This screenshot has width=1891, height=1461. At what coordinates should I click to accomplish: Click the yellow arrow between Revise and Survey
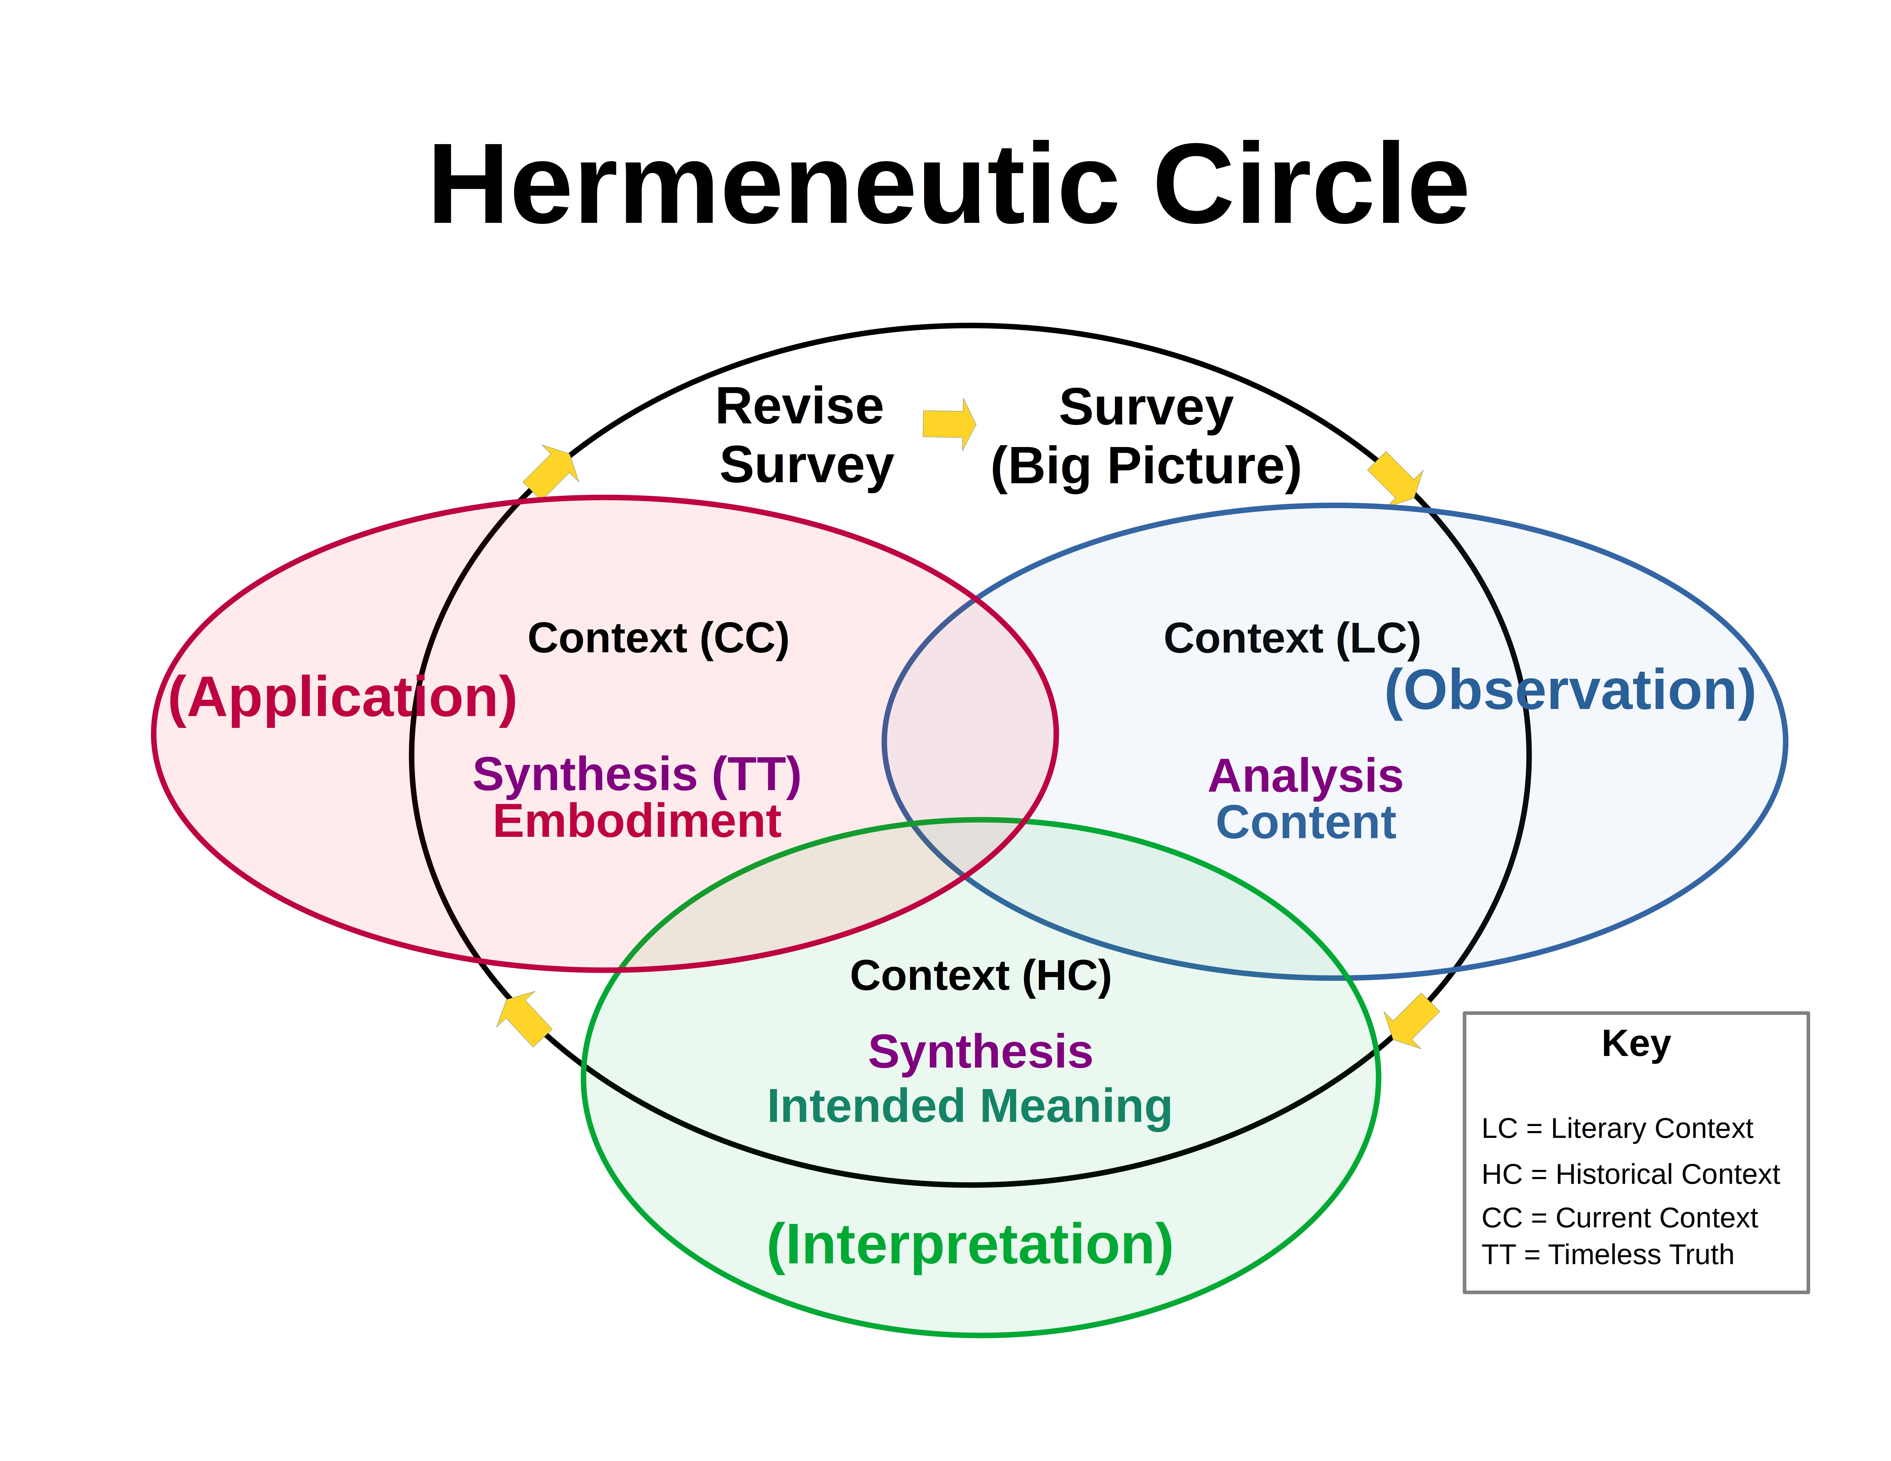(x=948, y=424)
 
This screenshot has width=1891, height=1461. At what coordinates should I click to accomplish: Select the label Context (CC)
(x=658, y=639)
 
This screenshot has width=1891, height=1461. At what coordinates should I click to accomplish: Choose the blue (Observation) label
(x=1570, y=691)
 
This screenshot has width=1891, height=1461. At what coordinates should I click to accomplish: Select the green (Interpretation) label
(x=970, y=1245)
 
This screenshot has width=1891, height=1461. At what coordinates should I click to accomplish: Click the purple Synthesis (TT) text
(x=636, y=775)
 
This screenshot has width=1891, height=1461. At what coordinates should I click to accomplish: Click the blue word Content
(x=1305, y=822)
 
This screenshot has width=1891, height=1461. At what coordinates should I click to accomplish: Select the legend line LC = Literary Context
(x=1617, y=1129)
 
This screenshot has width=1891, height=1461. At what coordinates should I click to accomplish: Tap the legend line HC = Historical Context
(x=1630, y=1175)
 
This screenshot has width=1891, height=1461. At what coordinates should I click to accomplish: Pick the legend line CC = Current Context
(x=1619, y=1218)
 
